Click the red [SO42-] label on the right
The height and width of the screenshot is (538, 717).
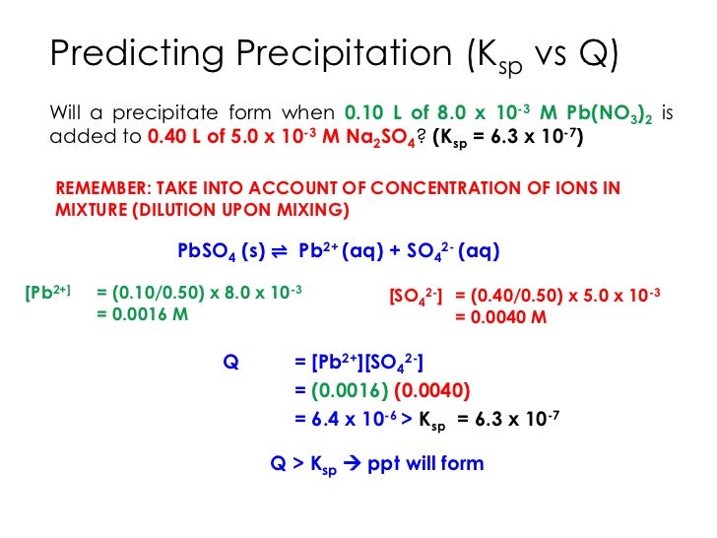417,296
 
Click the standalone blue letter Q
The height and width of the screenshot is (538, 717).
231,362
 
